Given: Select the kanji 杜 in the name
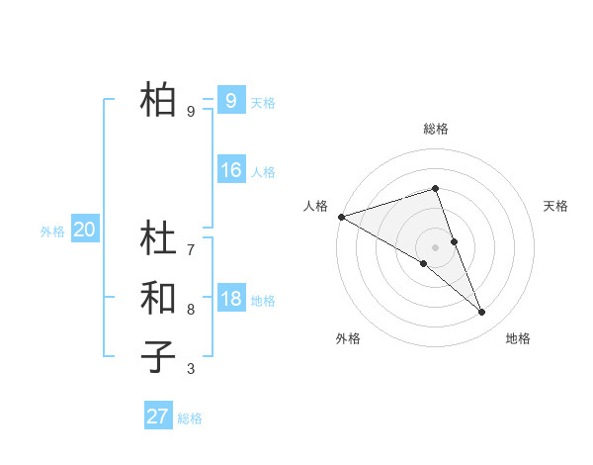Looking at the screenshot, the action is coord(158,238).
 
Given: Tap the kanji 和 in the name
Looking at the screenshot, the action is coord(158,297).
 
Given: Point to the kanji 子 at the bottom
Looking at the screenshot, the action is coord(158,355).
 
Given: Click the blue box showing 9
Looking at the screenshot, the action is coord(230,100).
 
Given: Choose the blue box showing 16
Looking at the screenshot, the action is coord(230,170).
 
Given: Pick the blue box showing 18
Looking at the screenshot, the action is coord(230,299).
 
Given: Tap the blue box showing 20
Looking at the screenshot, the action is coord(84,231).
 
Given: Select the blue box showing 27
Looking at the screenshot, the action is coord(157,417).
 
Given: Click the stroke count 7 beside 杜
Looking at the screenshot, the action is coord(191,249).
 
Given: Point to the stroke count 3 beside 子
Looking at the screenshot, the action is coord(191,370).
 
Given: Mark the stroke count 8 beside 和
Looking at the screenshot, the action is coord(191,309).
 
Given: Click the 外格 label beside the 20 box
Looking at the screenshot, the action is coord(52,232).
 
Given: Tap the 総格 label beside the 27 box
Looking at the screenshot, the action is coord(190,418).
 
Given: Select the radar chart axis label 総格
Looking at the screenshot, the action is coord(435,129).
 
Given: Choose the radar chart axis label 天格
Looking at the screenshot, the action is coord(555,206).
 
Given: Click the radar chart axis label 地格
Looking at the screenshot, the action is coord(518,338).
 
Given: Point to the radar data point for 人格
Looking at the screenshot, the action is coord(341,217).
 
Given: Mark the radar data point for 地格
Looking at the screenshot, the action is coord(482,313).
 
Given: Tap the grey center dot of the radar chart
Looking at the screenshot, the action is coord(435,246).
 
